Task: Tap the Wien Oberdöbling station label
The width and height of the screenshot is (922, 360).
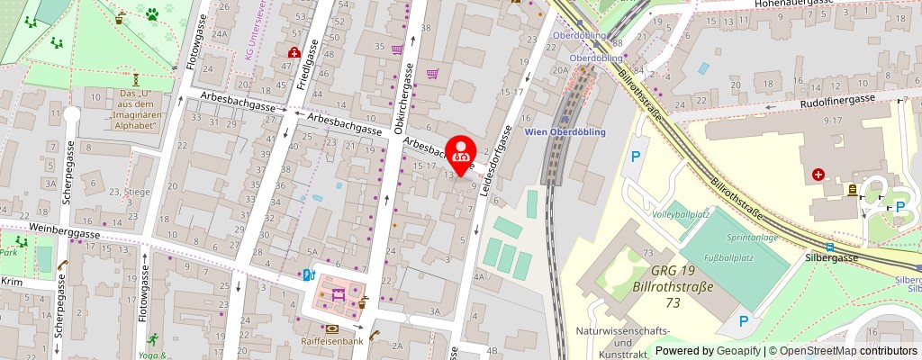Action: coord(565,131)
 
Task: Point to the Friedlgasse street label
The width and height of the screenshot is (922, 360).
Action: coord(308,62)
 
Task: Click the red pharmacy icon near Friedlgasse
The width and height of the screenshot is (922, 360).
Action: coord(293,53)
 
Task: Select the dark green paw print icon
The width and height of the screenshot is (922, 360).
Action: coord(151,13)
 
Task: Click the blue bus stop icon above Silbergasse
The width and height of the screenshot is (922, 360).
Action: coord(829,247)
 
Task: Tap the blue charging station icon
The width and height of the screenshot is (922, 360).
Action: coord(308,274)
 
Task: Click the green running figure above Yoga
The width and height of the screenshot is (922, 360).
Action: coord(151,338)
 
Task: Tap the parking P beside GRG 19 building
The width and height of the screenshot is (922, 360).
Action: coord(743,321)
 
